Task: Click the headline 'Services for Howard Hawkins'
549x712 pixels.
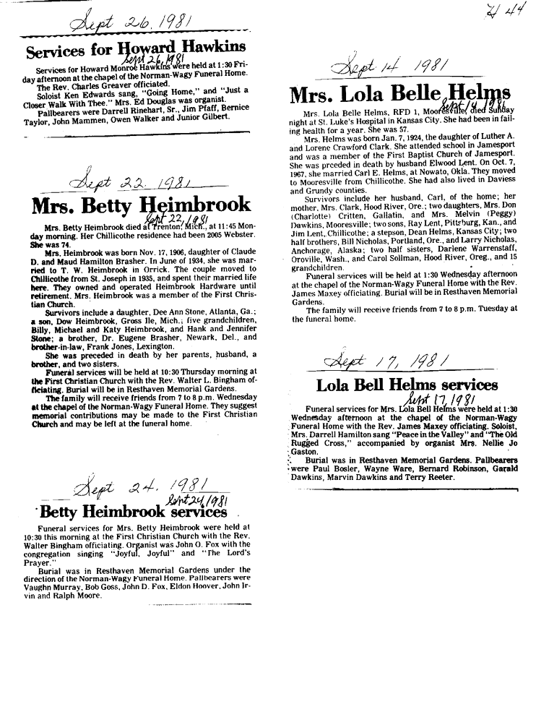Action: (x=135, y=51)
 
